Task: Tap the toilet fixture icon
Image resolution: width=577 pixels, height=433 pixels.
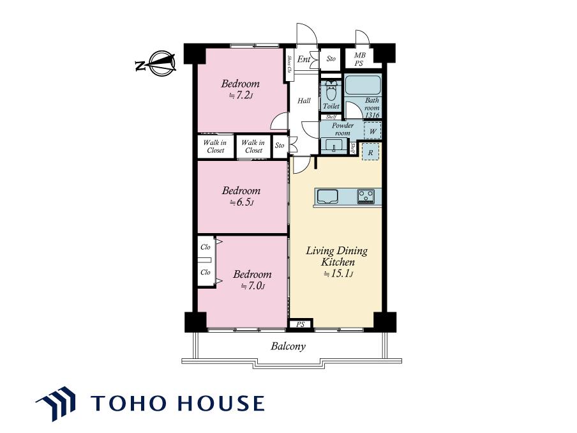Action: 331,91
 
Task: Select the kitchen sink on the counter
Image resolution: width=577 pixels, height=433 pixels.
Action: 327,196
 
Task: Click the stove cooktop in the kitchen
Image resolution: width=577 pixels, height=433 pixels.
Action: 366,196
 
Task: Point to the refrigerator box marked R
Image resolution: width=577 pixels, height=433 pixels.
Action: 371,153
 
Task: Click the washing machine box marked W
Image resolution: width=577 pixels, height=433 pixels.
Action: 372,131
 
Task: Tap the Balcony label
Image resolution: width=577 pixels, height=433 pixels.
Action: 288,347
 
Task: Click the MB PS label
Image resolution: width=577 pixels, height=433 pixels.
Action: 359,59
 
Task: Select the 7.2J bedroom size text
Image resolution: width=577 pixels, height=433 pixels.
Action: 241,96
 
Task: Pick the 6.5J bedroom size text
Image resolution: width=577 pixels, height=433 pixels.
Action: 242,202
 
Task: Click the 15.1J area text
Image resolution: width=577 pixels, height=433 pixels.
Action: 338,274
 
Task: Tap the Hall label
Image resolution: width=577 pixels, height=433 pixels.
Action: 304,100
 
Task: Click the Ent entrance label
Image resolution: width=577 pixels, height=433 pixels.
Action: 304,59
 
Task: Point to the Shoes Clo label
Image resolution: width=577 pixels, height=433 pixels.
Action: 290,64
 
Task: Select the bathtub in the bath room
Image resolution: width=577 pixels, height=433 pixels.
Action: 363,85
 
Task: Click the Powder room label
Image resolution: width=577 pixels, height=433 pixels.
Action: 343,129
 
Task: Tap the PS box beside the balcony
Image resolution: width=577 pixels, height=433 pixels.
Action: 301,324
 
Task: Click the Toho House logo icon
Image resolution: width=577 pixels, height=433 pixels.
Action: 57,403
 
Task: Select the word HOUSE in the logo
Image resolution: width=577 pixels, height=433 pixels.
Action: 221,403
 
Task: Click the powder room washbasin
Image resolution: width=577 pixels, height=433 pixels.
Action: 334,145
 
